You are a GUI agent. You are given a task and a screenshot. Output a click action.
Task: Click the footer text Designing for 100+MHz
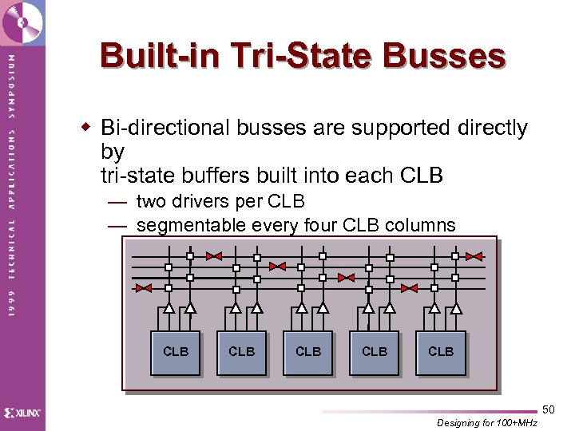click(x=487, y=423)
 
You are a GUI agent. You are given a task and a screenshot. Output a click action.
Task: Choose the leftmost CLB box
click(x=176, y=352)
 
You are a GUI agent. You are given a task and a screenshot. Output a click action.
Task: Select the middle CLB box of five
click(x=308, y=352)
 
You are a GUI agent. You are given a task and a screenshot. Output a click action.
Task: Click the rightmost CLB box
click(x=441, y=352)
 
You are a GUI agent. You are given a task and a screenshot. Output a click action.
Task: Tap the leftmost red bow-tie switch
click(x=144, y=288)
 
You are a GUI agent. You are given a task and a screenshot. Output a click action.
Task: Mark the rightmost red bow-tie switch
click(x=474, y=257)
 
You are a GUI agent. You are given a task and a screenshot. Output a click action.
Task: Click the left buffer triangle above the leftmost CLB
click(x=169, y=307)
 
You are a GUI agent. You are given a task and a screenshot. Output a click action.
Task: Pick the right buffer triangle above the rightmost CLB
click(x=455, y=307)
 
